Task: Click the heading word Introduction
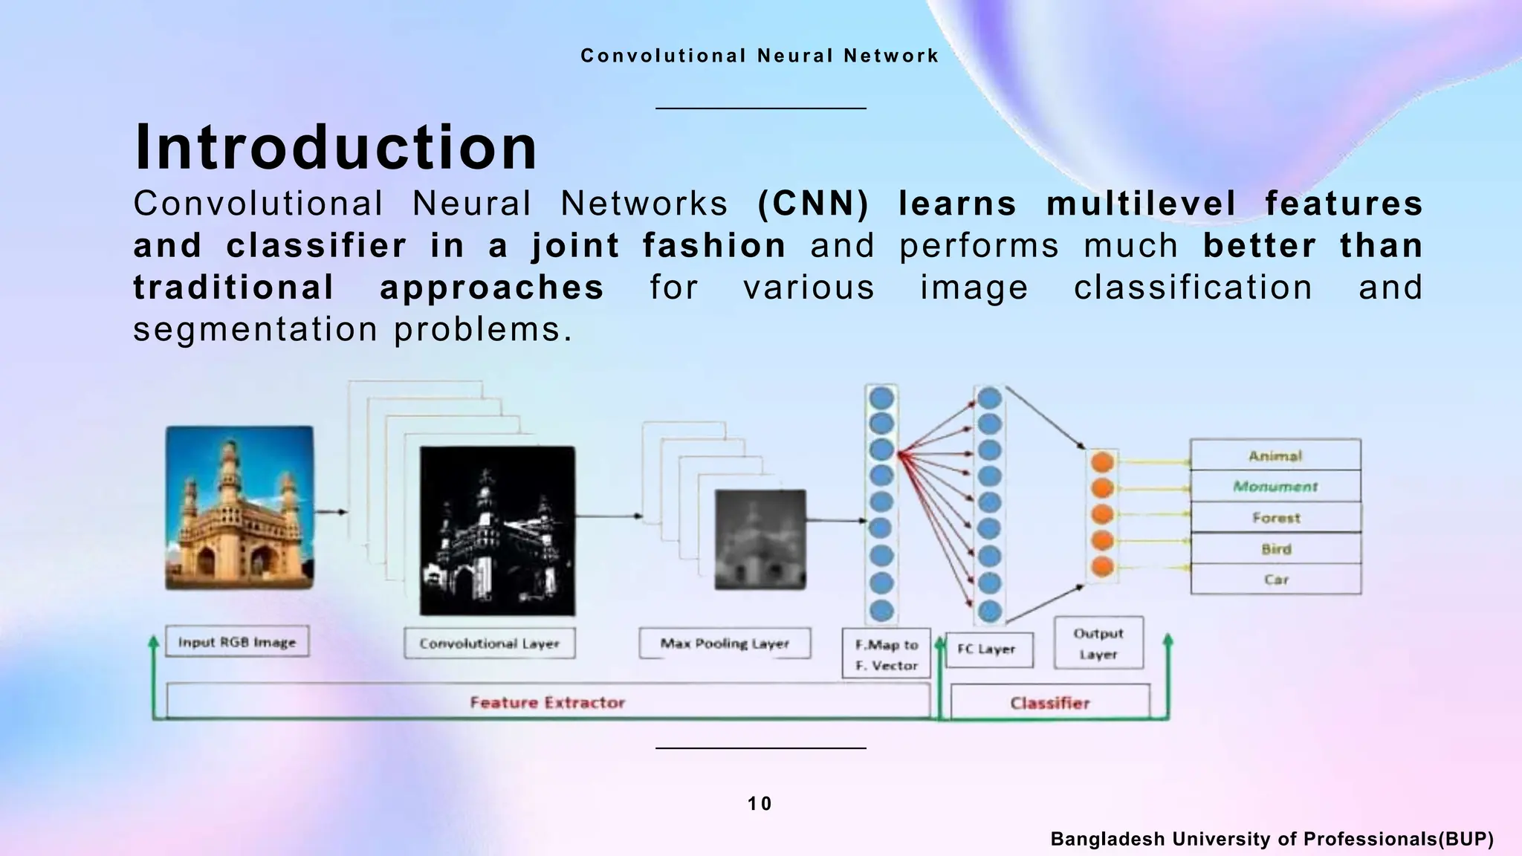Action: point(336,147)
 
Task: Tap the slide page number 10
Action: point(760,803)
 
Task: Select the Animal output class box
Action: point(1275,455)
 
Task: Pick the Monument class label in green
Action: point(1275,487)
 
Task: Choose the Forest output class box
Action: point(1275,517)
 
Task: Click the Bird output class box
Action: point(1275,548)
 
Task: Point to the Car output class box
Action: point(1275,579)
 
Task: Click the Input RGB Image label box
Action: point(236,642)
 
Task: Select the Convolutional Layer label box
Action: point(489,643)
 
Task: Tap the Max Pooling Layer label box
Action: point(725,643)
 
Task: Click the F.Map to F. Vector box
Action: point(886,654)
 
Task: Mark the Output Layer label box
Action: point(1098,643)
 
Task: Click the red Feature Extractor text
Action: point(548,702)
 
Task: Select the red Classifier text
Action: point(1049,703)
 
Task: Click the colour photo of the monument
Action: point(239,508)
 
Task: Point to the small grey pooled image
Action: point(760,540)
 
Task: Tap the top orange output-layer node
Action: point(1103,462)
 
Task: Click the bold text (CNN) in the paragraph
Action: point(813,204)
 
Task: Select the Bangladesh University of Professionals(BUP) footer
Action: point(1272,839)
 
